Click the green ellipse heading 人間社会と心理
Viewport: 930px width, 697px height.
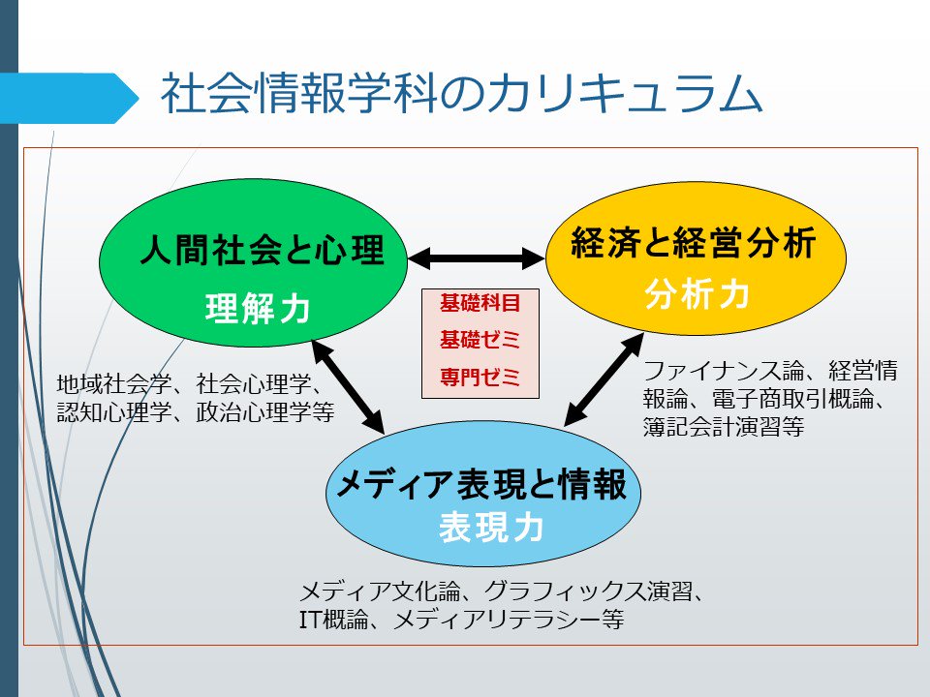261,252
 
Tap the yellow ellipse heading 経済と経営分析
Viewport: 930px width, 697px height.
694,244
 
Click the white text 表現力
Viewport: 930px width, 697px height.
490,528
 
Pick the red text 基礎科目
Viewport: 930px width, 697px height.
480,302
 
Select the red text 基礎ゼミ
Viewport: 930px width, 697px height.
480,340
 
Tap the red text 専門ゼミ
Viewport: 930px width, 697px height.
480,377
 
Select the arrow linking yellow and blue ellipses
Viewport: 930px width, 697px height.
604,379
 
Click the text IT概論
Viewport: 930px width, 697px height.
335,621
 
